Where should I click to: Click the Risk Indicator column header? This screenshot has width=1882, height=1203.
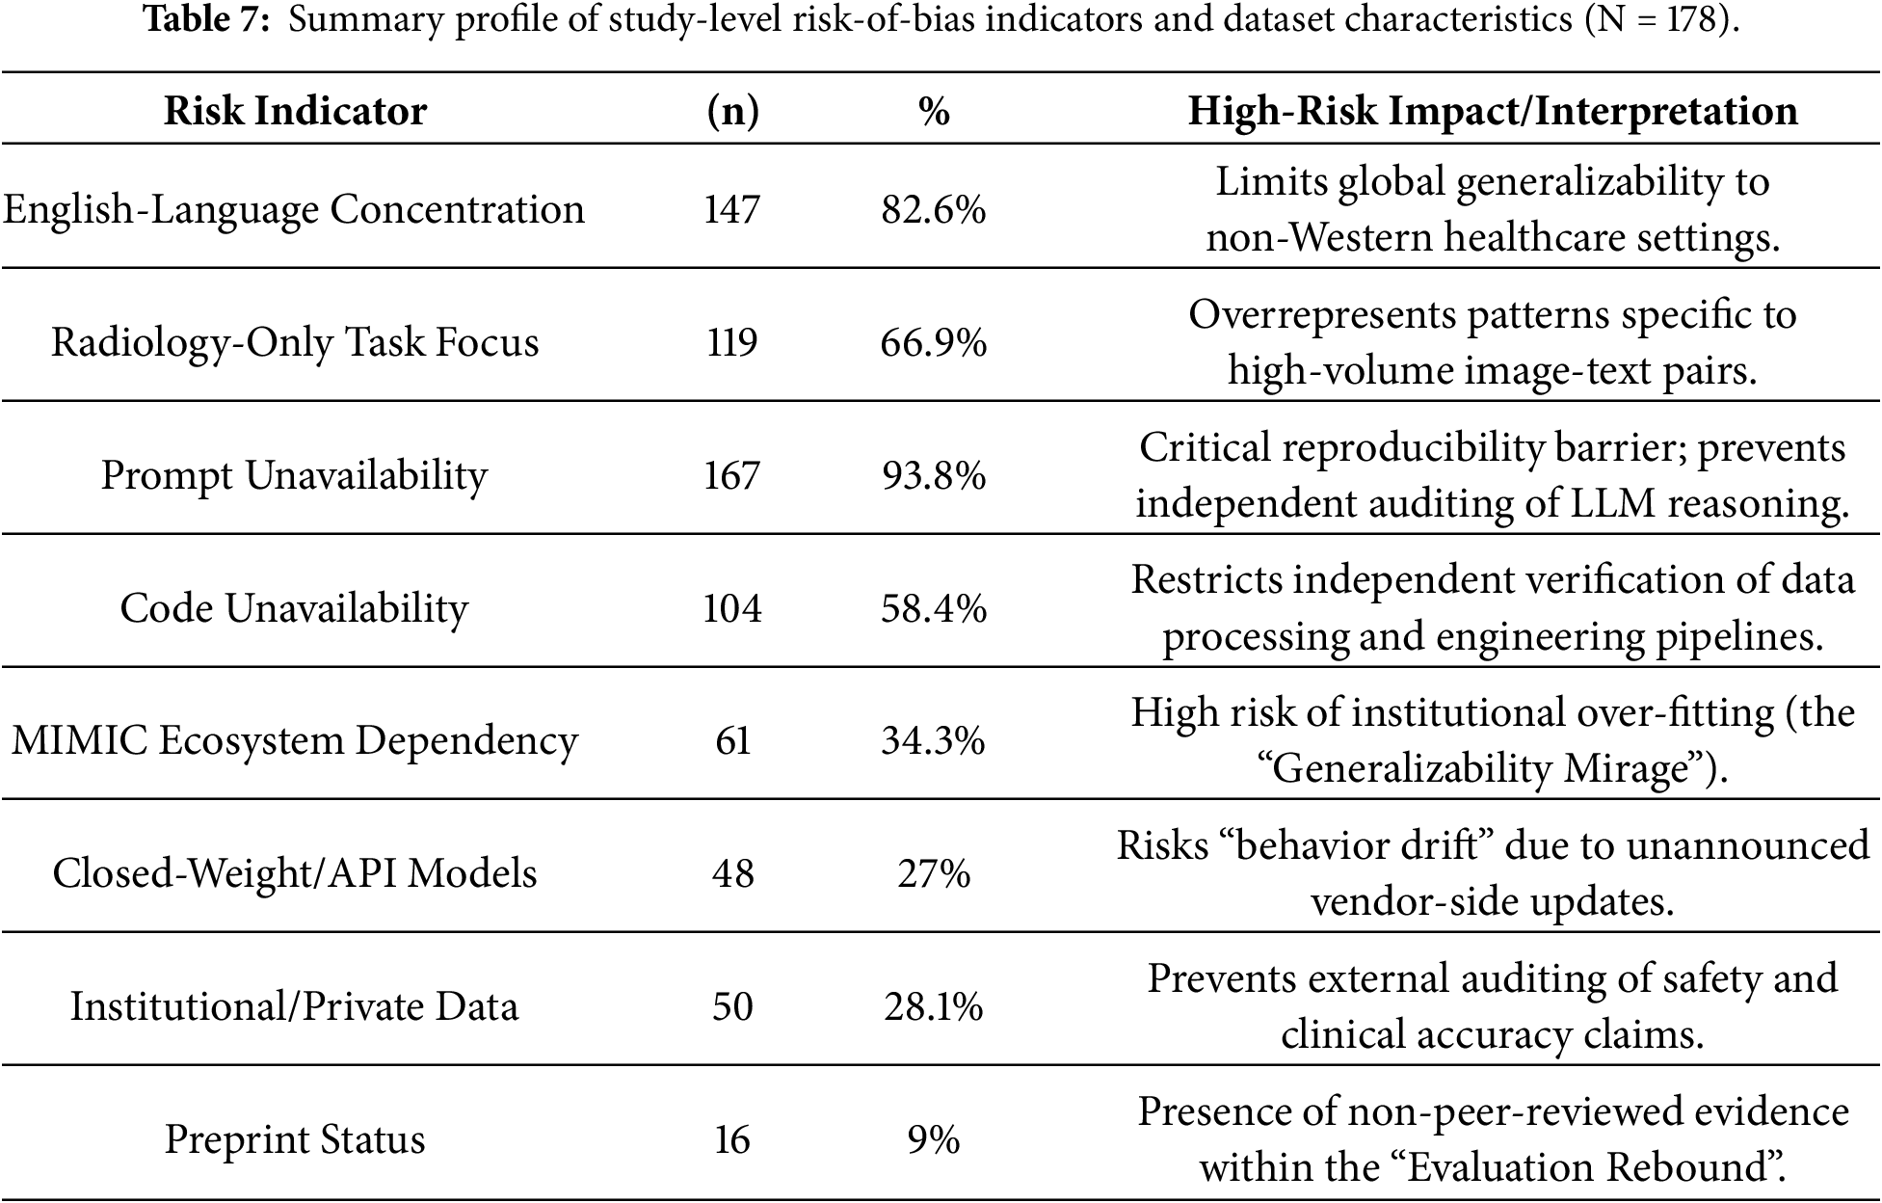pyautogui.click(x=295, y=111)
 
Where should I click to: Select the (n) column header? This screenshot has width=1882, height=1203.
pyautogui.click(x=732, y=112)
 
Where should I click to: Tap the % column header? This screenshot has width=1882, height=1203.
pyautogui.click(x=934, y=112)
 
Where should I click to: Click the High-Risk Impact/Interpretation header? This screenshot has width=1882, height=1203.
pyautogui.click(x=1493, y=112)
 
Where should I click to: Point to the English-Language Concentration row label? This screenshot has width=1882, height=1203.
pyautogui.click(x=294, y=209)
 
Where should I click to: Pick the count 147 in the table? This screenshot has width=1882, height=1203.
pyautogui.click(x=732, y=209)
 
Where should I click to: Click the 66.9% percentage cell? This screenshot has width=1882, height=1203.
pyautogui.click(x=934, y=342)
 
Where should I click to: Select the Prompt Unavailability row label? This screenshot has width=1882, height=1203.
pyautogui.click(x=294, y=475)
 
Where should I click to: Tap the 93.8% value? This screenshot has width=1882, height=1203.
pyautogui.click(x=934, y=475)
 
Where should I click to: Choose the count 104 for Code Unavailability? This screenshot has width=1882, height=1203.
pyautogui.click(x=732, y=608)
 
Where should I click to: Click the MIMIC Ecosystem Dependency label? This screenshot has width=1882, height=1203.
pyautogui.click(x=294, y=740)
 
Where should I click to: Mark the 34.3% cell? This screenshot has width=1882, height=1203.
pyautogui.click(x=934, y=740)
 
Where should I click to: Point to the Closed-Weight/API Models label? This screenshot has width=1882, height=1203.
pyautogui.click(x=294, y=873)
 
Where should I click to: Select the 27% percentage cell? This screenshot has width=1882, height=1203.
pyautogui.click(x=934, y=873)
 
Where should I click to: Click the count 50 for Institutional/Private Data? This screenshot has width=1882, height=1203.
pyautogui.click(x=732, y=1006)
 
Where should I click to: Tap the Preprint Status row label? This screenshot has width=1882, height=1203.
pyautogui.click(x=294, y=1139)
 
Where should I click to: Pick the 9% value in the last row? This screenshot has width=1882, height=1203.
pyautogui.click(x=934, y=1139)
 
